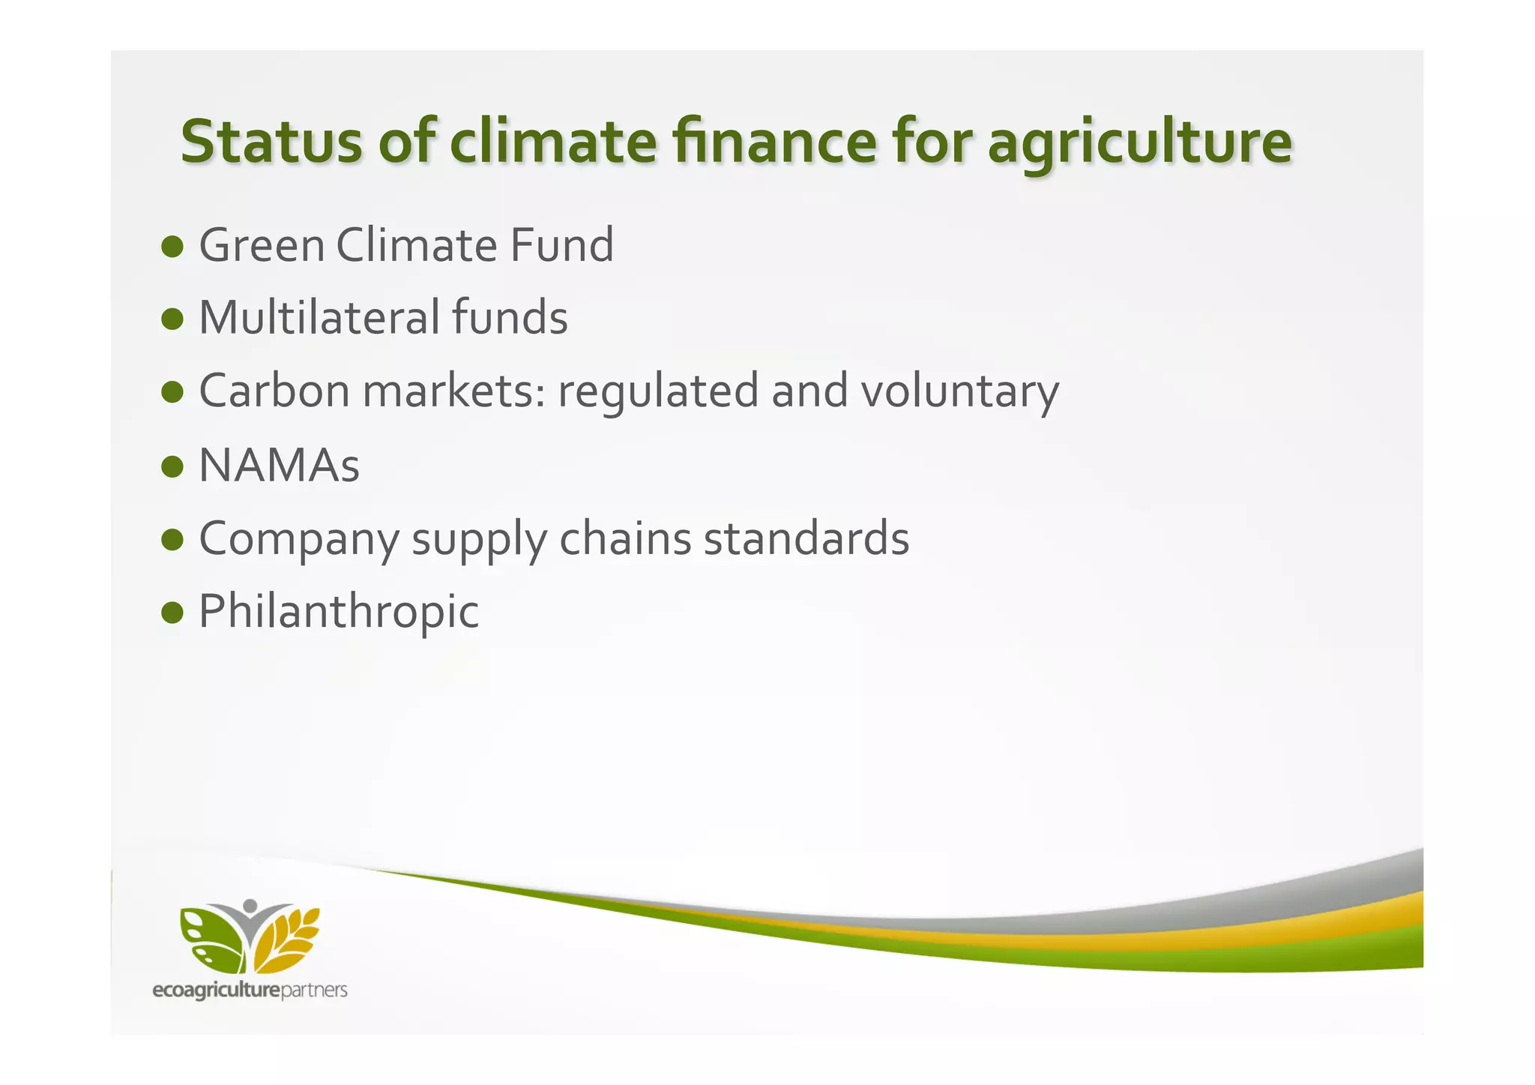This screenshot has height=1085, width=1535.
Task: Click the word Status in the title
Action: [x=271, y=142]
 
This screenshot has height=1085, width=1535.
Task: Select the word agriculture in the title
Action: [x=1139, y=145]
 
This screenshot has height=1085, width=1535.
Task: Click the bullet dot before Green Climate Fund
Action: [x=172, y=246]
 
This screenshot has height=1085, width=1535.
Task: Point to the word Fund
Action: [x=561, y=246]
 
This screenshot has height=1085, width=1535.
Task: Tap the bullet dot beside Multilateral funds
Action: [x=172, y=319]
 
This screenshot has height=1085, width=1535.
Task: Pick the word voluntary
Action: [x=959, y=393]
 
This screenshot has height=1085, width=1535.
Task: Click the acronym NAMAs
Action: [x=279, y=466]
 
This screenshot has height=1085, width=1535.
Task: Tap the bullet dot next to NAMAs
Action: [x=172, y=466]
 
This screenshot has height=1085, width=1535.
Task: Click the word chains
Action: [x=624, y=538]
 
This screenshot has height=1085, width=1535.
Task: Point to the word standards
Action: [x=806, y=538]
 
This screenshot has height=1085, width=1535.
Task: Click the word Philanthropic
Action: [x=338, y=612]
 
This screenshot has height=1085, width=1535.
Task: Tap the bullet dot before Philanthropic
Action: [x=172, y=612]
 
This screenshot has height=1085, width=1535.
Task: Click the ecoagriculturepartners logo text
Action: [x=250, y=991]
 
